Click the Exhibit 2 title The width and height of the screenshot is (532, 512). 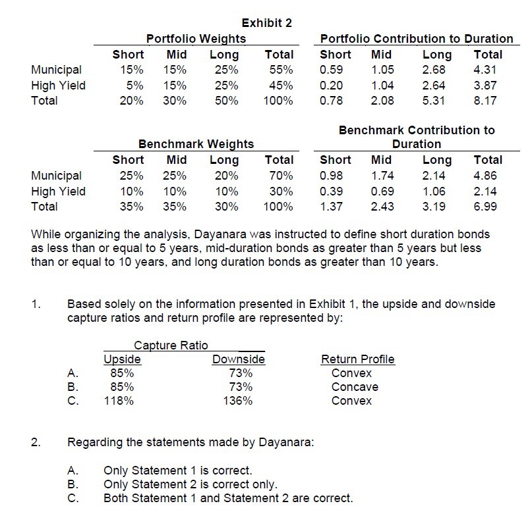(x=266, y=23)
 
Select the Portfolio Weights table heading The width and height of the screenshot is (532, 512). (x=187, y=39)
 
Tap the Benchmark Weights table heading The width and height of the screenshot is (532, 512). (x=196, y=144)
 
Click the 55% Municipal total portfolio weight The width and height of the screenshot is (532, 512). (x=280, y=70)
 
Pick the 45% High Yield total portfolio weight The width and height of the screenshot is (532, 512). (x=280, y=85)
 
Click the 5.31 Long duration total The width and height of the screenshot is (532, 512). (x=434, y=101)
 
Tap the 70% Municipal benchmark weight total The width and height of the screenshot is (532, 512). (x=280, y=176)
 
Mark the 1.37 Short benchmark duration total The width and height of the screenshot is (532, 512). (x=332, y=206)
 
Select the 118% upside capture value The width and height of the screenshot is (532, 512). (x=119, y=401)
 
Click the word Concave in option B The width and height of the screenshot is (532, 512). (x=355, y=387)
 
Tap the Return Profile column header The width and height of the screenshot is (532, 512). (x=357, y=359)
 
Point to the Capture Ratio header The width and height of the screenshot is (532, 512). (x=171, y=346)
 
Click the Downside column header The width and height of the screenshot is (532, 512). (x=238, y=359)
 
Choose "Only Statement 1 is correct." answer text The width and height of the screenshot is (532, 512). (x=178, y=471)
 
